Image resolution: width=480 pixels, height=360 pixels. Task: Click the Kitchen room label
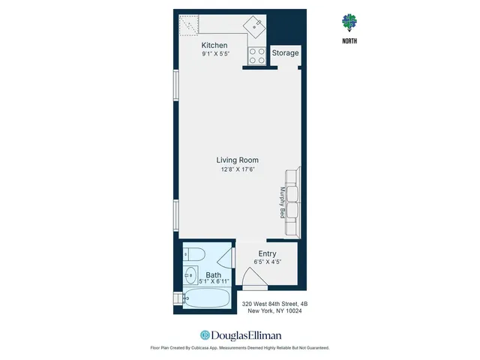click(x=214, y=46)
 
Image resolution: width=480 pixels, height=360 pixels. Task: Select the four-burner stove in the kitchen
click(x=256, y=56)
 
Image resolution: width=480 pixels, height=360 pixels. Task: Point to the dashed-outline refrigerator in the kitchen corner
click(x=190, y=27)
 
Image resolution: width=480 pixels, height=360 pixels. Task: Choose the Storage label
click(x=285, y=53)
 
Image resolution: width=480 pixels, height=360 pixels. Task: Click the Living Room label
click(x=237, y=160)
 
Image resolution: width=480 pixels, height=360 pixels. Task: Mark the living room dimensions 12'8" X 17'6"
click(x=237, y=169)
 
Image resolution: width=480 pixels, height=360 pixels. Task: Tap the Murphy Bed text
click(x=283, y=202)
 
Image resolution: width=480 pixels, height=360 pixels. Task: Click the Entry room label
click(x=267, y=254)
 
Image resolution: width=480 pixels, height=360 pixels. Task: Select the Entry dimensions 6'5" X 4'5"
click(x=267, y=262)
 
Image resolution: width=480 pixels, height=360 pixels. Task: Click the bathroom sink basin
click(x=190, y=274)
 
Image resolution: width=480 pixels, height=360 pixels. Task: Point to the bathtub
click(x=207, y=299)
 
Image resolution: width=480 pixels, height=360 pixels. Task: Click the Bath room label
click(x=213, y=274)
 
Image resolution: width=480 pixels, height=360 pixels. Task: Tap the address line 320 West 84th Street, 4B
click(x=274, y=303)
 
